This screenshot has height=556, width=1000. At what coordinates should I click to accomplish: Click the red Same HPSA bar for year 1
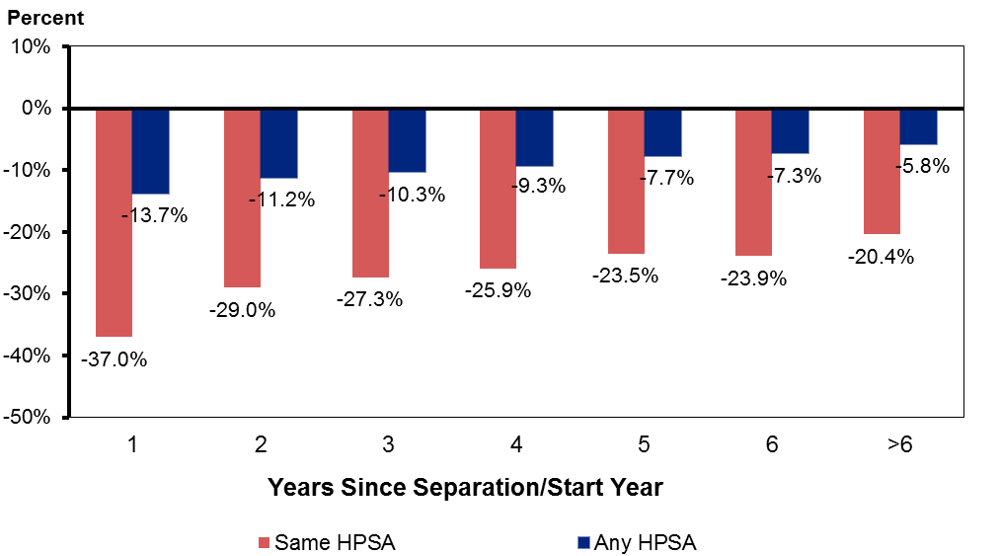114,222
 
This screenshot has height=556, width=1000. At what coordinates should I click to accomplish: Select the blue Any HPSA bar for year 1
151,151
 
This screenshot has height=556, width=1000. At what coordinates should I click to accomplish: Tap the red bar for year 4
498,188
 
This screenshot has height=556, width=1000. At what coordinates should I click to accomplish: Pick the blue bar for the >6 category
918,126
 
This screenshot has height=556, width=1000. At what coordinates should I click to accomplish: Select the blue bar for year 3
407,140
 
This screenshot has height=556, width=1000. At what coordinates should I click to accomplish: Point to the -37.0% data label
114,359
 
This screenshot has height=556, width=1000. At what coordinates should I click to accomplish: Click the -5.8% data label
922,167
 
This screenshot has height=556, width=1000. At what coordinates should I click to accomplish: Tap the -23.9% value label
753,278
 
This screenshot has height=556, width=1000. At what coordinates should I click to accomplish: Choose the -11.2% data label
281,199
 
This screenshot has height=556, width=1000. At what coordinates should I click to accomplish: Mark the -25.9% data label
498,290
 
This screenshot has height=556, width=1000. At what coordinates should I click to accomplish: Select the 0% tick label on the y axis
41,108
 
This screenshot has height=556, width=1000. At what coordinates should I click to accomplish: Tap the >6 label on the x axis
898,445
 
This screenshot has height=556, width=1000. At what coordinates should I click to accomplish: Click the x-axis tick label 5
644,445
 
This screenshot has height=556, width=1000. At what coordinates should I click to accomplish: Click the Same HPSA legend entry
326,542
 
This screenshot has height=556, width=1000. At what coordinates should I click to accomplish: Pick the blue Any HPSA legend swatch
582,542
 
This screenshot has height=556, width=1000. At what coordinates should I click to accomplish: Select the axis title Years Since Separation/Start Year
465,487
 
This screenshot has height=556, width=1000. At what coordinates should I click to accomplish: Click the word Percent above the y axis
45,18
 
